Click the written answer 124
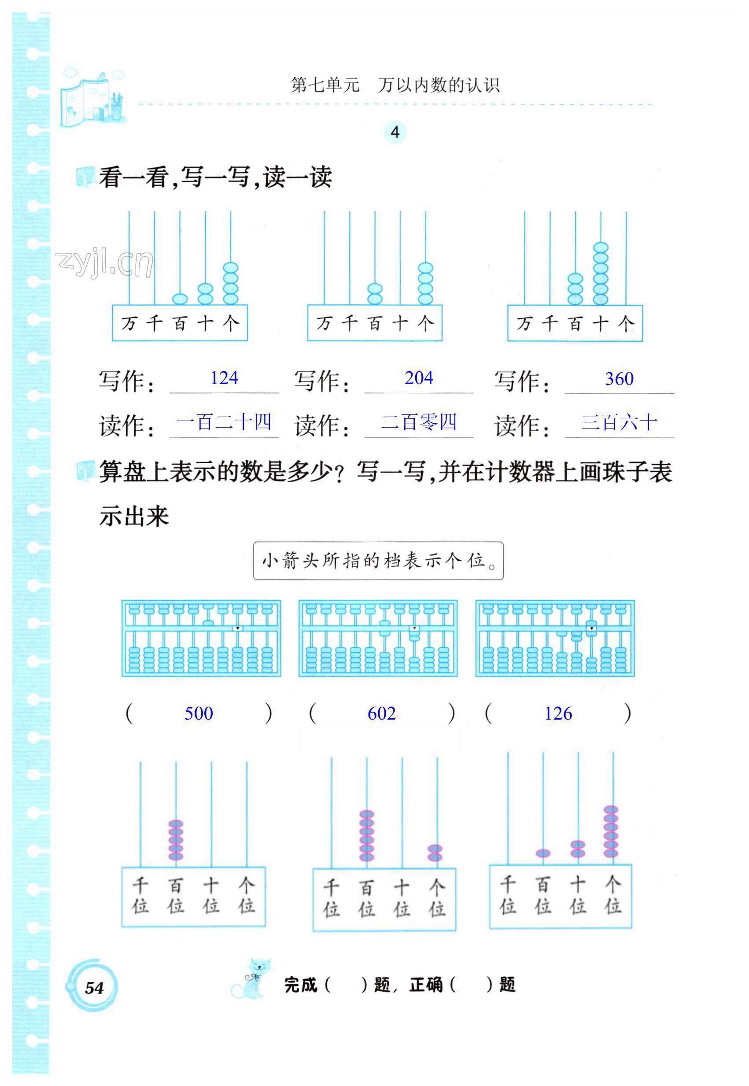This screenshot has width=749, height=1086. (x=224, y=378)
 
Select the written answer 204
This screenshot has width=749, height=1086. (x=419, y=378)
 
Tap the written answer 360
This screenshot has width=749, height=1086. (x=619, y=379)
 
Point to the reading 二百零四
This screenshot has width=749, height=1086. (x=419, y=422)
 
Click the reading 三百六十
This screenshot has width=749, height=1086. (x=619, y=422)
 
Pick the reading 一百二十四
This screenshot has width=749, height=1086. (x=224, y=422)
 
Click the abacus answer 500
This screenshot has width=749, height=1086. (x=199, y=713)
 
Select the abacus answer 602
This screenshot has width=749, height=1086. (x=381, y=713)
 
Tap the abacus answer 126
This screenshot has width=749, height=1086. (x=558, y=713)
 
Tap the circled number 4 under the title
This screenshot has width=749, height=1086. (x=395, y=133)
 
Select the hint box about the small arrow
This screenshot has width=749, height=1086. (x=378, y=560)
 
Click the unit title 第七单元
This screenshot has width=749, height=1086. (x=325, y=85)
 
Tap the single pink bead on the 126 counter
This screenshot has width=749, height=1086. (x=543, y=853)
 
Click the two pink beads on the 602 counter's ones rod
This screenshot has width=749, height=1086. (x=435, y=853)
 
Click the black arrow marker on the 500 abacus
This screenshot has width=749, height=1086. (x=238, y=628)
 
